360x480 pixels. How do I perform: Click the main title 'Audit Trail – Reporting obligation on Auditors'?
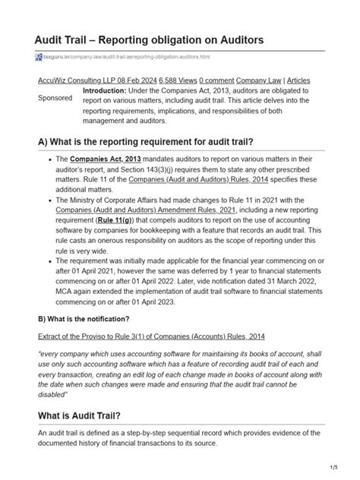point(159,38)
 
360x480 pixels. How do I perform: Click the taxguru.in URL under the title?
point(125,57)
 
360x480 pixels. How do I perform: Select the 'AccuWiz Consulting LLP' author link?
point(83,80)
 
